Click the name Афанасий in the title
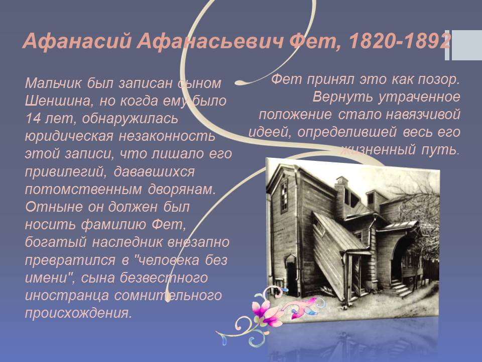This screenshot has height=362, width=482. (x=77, y=41)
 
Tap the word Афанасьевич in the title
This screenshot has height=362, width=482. (x=210, y=41)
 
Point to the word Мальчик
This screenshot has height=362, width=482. (x=53, y=83)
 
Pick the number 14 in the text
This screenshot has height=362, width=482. (x=33, y=119)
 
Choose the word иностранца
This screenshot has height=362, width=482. (x=67, y=296)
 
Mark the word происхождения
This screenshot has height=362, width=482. (x=78, y=313)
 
